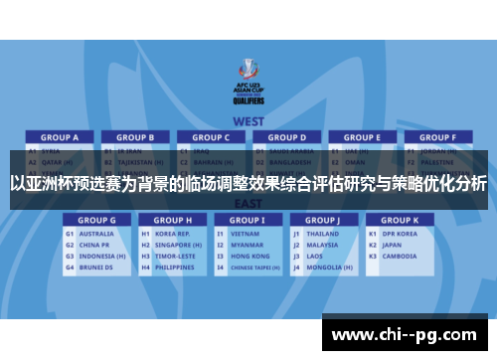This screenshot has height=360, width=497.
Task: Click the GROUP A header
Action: click(60, 137)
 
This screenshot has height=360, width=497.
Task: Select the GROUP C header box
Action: click(211, 137)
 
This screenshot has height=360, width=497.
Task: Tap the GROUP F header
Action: click(437, 137)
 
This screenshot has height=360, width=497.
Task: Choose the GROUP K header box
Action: click(400, 220)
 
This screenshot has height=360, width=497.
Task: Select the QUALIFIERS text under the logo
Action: click(248, 99)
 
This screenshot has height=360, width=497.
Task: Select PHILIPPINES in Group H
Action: click(177, 267)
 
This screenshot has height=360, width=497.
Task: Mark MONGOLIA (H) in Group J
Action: click(329, 267)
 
